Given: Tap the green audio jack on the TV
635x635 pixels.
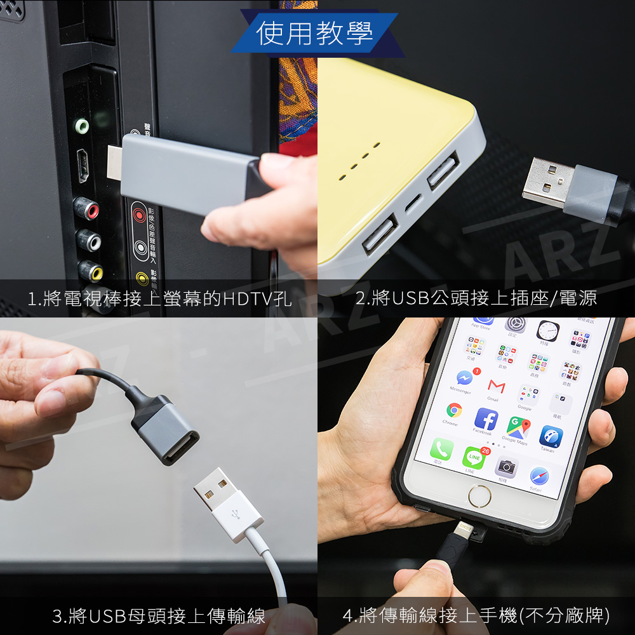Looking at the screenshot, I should [81, 126].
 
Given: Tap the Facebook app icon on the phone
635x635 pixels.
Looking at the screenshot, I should [486, 419].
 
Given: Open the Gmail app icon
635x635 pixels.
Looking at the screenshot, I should [496, 386].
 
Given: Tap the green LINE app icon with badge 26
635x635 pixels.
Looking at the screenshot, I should [473, 457].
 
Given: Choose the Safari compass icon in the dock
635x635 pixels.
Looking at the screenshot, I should [539, 476].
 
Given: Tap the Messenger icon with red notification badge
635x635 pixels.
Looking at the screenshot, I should [464, 378].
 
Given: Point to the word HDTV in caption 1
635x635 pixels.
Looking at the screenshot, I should [243, 298].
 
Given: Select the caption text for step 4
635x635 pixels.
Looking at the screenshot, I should [476, 615].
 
